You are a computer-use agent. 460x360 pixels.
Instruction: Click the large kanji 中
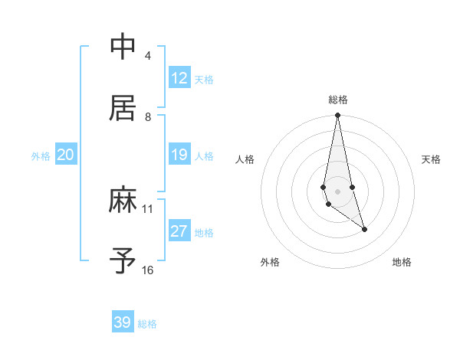click(123, 47)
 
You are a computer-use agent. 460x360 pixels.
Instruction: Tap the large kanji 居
click(123, 109)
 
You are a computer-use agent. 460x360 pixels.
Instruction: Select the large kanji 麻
click(123, 201)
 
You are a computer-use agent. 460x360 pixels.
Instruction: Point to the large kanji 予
click(123, 261)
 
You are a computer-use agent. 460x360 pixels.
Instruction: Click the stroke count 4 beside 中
click(147, 55)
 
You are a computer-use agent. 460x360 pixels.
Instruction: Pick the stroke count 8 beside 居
click(147, 116)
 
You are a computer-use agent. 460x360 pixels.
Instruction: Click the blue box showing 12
click(179, 78)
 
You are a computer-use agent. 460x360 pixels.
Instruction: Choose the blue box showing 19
click(179, 155)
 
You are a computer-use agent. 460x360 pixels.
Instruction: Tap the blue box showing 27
click(179, 231)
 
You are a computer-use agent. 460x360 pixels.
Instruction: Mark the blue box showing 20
click(65, 155)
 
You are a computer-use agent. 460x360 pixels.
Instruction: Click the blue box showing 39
click(123, 322)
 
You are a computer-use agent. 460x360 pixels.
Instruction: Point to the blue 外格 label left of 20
click(41, 156)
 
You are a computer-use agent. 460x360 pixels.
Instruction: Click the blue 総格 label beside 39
click(147, 324)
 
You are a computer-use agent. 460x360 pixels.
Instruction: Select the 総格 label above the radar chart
click(338, 100)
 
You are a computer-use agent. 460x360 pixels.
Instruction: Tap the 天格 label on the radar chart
click(432, 159)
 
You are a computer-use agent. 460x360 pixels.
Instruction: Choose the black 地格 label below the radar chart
click(402, 262)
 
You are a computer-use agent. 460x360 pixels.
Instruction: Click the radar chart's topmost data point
click(337, 116)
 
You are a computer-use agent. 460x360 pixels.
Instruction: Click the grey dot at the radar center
click(337, 191)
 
